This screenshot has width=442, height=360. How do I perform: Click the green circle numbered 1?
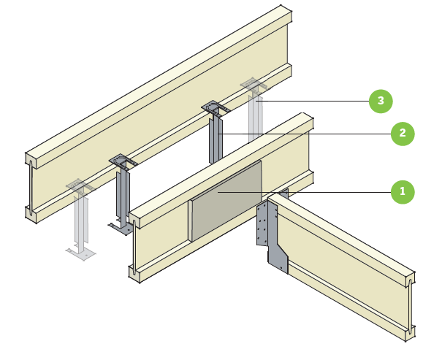tap(400, 192)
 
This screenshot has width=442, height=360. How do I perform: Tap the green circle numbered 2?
tap(400, 134)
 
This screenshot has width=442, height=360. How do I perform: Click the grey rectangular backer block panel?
tap(226, 201)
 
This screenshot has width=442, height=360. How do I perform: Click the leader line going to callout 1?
tap(336, 192)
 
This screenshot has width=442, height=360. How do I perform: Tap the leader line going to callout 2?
tap(307, 134)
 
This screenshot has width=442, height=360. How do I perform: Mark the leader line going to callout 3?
tap(314, 100)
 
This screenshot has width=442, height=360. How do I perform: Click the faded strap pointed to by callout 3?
tap(255, 117)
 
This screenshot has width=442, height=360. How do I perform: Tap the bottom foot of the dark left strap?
tap(120, 227)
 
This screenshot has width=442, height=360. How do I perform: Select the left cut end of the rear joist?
tap(31, 186)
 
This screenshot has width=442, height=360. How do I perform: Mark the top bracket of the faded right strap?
tap(252, 85)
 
